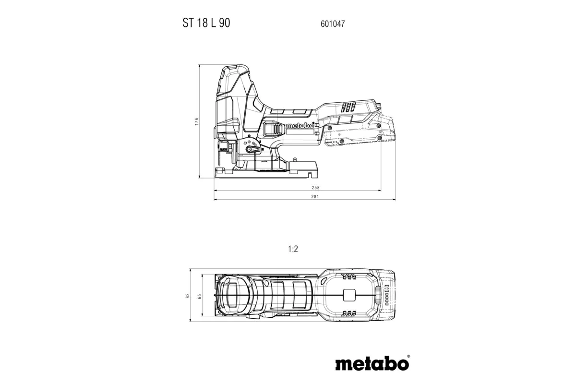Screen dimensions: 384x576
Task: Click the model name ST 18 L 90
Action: point(206,23)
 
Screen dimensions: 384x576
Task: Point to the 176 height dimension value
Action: point(197,122)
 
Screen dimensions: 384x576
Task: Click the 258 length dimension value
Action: point(315,188)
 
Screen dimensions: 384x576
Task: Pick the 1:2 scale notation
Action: point(294,249)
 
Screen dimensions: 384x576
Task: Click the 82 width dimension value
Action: point(188,296)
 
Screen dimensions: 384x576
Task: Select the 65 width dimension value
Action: point(199,296)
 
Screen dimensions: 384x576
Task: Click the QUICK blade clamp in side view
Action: point(224,147)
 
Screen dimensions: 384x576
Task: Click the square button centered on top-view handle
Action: point(349,295)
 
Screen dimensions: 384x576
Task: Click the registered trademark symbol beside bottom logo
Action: point(408,356)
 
